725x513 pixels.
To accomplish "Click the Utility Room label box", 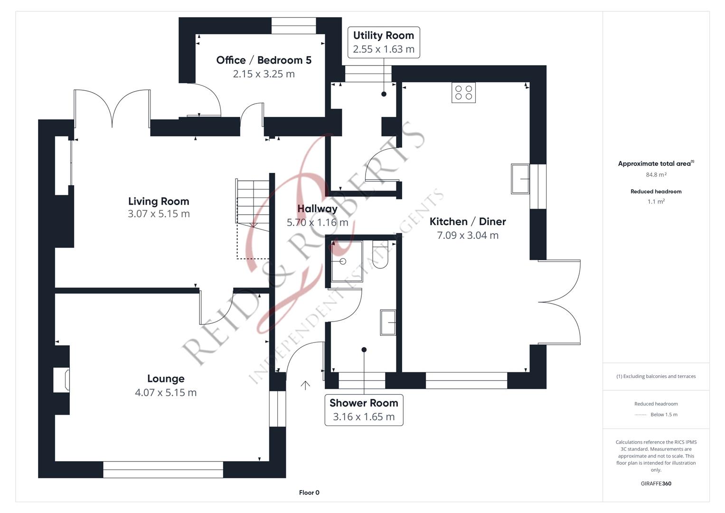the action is (384, 42).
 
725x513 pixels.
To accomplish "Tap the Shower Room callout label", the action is (364, 410).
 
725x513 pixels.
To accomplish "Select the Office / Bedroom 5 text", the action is (264, 60).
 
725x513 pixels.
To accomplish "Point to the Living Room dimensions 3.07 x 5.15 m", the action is (159, 214).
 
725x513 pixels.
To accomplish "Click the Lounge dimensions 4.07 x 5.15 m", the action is (166, 392).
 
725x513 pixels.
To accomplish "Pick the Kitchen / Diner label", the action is (468, 221).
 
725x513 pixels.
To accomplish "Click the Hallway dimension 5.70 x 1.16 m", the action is (318, 222).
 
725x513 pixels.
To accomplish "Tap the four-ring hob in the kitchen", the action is (463, 93).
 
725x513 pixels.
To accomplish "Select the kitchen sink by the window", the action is (520, 179).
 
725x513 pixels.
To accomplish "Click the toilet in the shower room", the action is (380, 255).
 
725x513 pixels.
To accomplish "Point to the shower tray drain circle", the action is (343, 261).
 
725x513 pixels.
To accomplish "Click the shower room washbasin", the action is (388, 323).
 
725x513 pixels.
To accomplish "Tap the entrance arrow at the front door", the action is (305, 385).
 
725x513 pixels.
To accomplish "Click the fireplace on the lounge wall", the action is (62, 380).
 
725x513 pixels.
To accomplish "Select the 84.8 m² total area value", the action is (656, 175).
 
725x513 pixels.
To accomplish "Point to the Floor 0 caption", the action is (309, 493).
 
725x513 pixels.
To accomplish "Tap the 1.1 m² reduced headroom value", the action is (656, 201).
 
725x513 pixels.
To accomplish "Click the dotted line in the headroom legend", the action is (640, 415).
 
